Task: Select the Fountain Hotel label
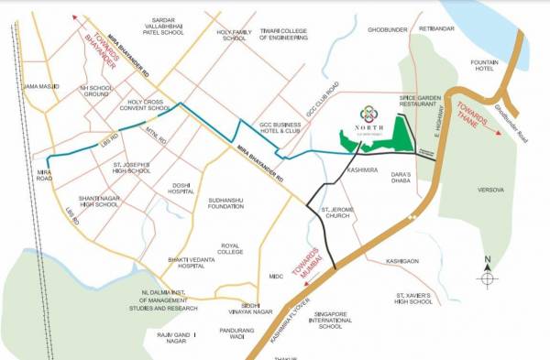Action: tap(483, 66)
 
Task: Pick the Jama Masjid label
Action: tap(41, 86)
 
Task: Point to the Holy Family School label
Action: tap(233, 35)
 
